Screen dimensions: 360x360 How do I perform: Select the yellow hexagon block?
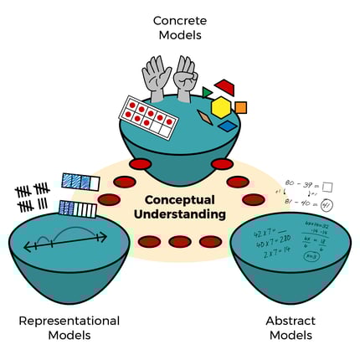point(220,108)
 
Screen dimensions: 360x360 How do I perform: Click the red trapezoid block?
point(224,88)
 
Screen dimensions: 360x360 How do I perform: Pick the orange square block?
point(241,107)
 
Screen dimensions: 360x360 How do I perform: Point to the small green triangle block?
point(207,92)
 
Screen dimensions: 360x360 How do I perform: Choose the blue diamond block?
point(228,126)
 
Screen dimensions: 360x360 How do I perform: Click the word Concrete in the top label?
point(179,18)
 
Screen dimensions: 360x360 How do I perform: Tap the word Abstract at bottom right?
point(290,321)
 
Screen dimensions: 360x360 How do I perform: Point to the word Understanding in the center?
point(180,214)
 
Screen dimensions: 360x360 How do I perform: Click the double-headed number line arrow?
point(64,243)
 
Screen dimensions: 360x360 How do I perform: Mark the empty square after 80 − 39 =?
point(327,186)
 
